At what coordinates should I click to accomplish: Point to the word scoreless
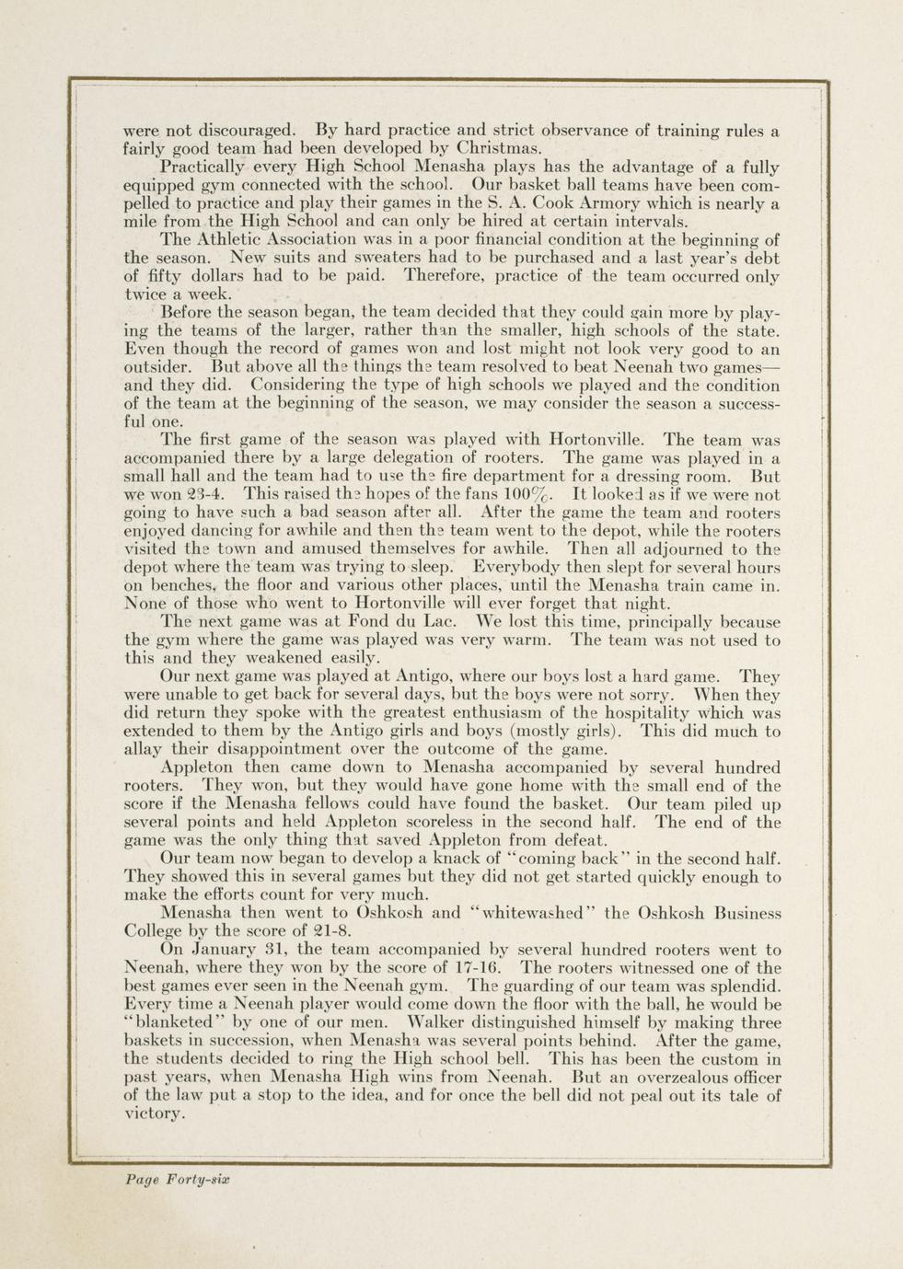438,822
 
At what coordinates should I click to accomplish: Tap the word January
233,950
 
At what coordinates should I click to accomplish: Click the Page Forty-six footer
177,1179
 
